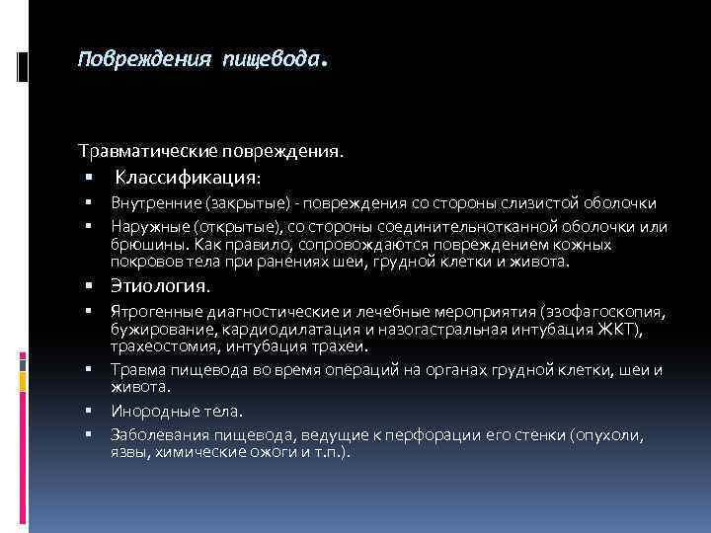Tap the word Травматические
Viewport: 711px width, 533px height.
[x=152, y=152]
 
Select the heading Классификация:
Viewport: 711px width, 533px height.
[x=189, y=179]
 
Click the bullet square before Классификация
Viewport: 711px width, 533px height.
[x=88, y=179]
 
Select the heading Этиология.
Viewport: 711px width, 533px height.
[x=161, y=287]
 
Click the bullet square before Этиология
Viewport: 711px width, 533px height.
[x=88, y=287]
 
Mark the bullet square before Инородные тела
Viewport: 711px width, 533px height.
[x=88, y=412]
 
